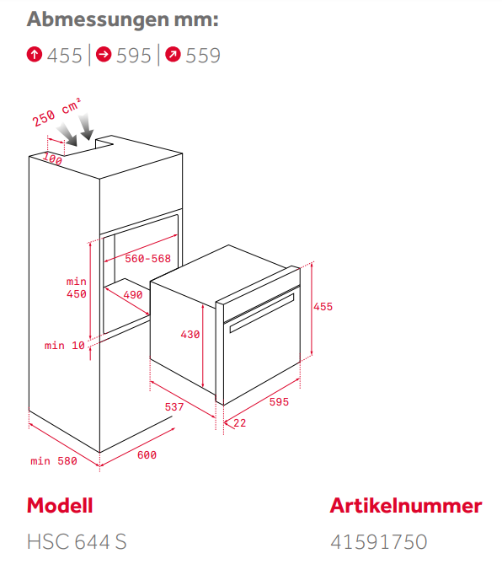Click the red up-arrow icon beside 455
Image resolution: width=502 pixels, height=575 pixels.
point(35,55)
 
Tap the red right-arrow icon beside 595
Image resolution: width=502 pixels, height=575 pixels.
point(104,55)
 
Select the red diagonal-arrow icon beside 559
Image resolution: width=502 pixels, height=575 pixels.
point(173,55)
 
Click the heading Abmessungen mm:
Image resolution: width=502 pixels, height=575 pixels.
point(123,19)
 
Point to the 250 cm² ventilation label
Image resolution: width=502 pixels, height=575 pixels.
point(56,112)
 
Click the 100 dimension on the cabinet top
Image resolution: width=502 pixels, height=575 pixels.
point(52,159)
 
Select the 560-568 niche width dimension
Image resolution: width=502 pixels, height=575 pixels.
point(148,259)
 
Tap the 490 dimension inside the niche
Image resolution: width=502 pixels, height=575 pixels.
point(132,294)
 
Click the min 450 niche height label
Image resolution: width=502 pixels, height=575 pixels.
point(77,287)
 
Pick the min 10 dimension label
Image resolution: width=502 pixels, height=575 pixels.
point(65,346)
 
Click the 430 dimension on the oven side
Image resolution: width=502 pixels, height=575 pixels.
point(190,334)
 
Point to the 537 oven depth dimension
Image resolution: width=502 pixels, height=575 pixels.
point(174,406)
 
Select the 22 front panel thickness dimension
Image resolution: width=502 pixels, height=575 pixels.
point(240,422)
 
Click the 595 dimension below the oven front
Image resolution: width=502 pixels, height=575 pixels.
point(279,401)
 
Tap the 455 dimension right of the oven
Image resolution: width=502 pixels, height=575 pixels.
point(323,307)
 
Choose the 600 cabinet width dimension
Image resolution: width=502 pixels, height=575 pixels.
point(147,454)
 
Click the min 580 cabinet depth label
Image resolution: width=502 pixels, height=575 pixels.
point(54,460)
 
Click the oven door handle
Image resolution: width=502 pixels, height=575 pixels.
point(262,313)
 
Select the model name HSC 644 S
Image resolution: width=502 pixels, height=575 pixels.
point(77,541)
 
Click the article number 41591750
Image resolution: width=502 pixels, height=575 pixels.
point(379,541)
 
